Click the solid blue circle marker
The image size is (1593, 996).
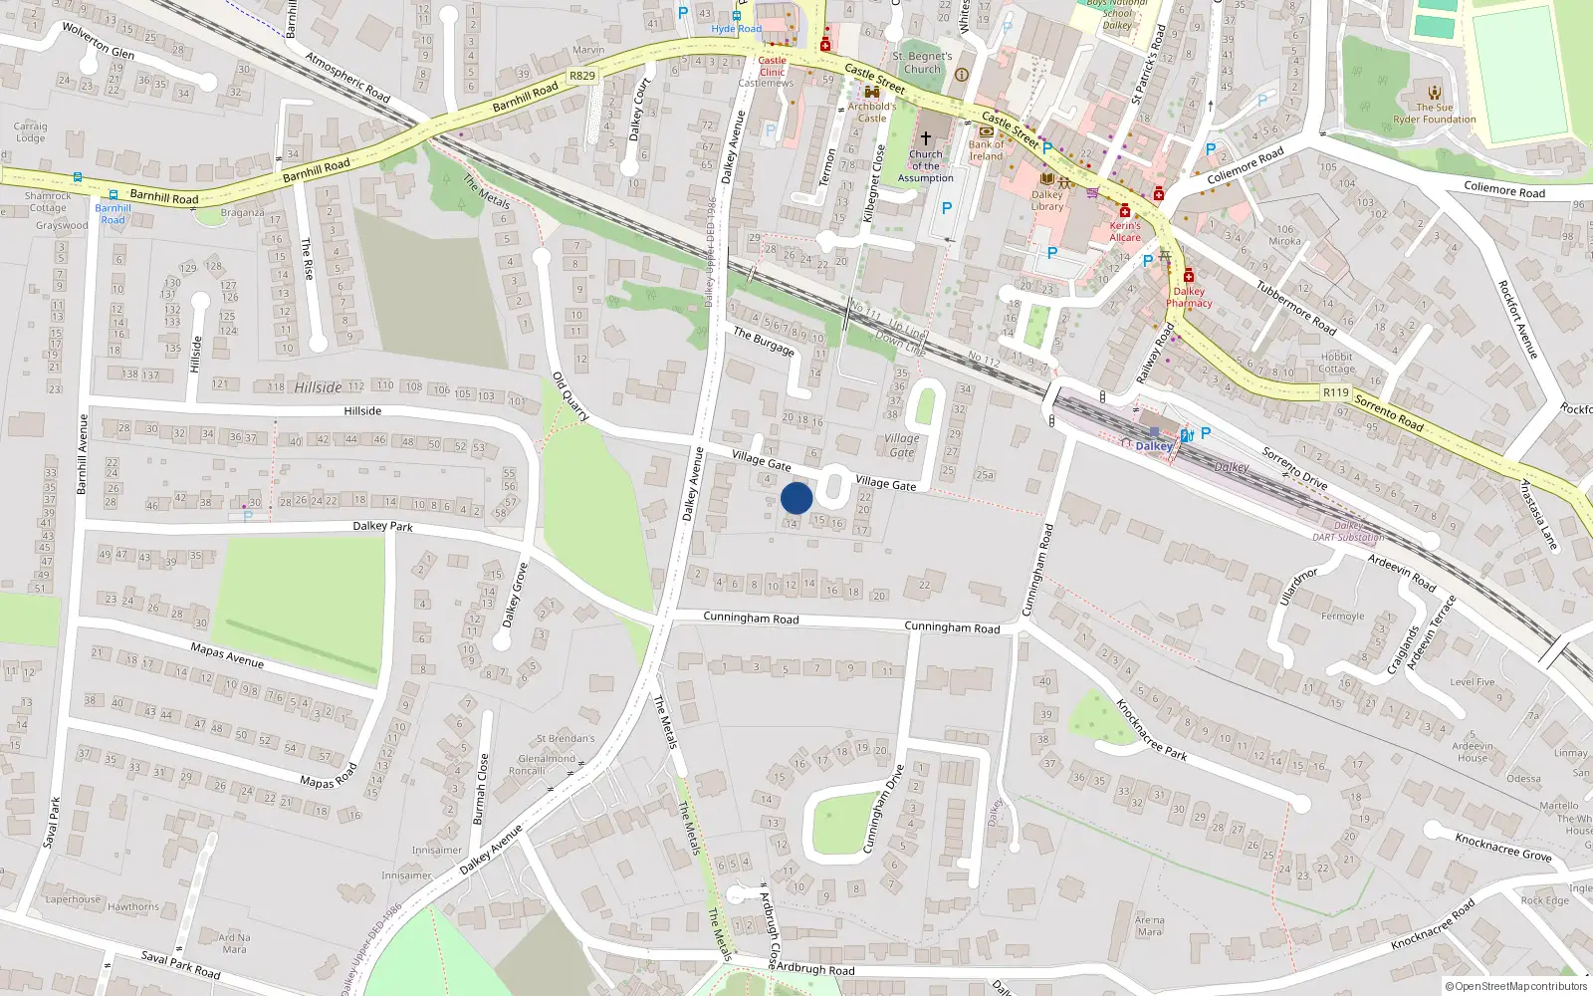pos(796,498)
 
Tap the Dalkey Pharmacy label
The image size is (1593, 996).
pos(1189,297)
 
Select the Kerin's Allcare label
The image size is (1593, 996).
pos(1125,231)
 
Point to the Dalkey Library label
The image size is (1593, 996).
pos(1047,200)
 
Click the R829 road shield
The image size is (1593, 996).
pos(582,76)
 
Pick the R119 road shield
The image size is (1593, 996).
pos(1335,392)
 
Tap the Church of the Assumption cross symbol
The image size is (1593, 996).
pos(925,138)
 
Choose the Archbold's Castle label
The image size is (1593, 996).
pos(872,112)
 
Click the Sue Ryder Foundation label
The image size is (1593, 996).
pos(1435,114)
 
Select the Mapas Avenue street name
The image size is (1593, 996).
pos(227,654)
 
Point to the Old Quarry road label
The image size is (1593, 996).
pos(570,396)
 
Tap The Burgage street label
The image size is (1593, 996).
pos(764,341)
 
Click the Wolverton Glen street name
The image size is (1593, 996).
pos(99,40)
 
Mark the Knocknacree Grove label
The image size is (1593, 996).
pos(1502,847)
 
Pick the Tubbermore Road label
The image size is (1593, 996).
pos(1295,308)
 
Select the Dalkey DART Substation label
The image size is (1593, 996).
pos(1348,531)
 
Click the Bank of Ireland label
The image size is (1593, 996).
pos(987,150)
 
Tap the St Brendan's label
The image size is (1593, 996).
pos(566,739)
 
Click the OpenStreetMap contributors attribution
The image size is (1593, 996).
pos(1516,986)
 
